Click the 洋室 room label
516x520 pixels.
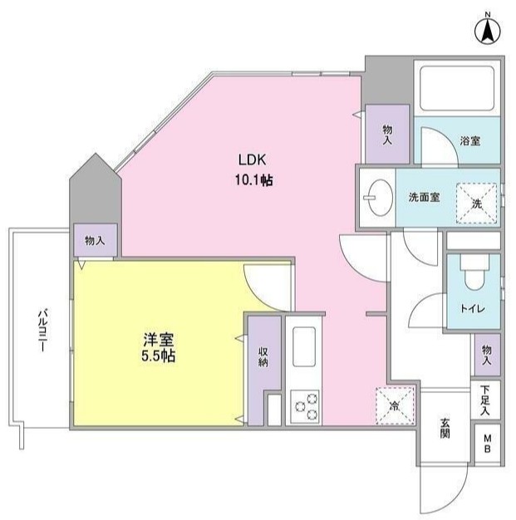point(158,340)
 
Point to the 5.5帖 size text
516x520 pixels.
point(158,356)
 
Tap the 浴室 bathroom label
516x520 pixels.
point(469,141)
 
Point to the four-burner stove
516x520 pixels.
point(304,405)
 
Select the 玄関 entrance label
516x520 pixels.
point(445,429)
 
